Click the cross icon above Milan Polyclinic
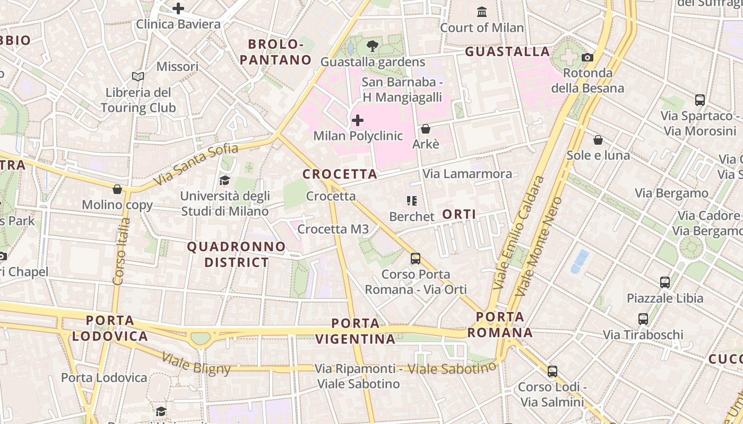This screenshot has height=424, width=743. click(358, 120)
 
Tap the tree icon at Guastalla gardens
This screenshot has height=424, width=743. click(373, 46)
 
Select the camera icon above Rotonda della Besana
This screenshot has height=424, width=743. click(588, 57)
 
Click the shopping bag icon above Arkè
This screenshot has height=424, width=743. click(425, 128)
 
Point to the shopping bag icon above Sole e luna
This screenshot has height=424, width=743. click(598, 140)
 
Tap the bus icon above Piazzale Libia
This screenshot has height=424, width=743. click(665, 282)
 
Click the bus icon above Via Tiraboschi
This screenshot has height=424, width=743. click(643, 319)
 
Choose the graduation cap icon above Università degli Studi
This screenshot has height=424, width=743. click(224, 180)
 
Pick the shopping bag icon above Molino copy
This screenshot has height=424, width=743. click(117, 189)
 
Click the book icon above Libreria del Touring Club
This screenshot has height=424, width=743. click(138, 77)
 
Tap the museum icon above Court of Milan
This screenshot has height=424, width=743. click(482, 12)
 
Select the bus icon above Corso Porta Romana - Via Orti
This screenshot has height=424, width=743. click(416, 259)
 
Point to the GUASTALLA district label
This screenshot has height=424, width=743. click(507, 51)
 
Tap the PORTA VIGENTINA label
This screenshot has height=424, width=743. click(356, 331)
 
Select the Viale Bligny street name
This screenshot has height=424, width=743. click(196, 364)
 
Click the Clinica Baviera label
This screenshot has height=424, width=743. click(178, 24)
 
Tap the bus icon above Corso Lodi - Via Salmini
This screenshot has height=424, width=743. click(552, 372)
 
